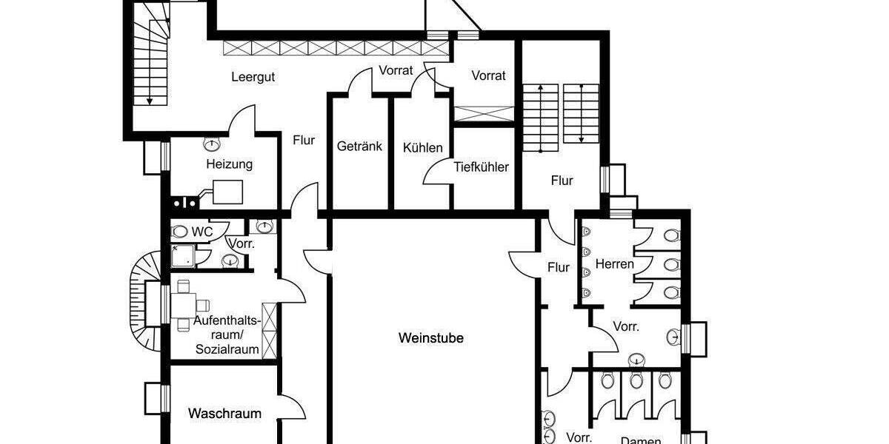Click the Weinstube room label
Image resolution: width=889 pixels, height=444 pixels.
(x=430, y=338)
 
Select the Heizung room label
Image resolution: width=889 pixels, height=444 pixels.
(x=229, y=164)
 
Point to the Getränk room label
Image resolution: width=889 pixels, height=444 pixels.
(x=359, y=147)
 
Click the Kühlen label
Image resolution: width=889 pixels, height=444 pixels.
(x=422, y=147)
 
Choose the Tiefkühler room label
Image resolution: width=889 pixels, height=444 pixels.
(x=481, y=167)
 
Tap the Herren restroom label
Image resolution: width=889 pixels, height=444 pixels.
(x=615, y=264)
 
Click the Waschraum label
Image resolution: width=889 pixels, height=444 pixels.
(x=224, y=414)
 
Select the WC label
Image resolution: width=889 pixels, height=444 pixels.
(x=202, y=232)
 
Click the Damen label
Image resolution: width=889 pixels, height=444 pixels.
(x=640, y=440)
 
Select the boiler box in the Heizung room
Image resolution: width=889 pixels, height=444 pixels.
(x=227, y=192)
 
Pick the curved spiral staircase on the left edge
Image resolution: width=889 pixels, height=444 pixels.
(x=144, y=300)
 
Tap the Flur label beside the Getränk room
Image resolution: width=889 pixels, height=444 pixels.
(x=304, y=140)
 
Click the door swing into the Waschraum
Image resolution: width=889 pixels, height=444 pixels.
(x=293, y=408)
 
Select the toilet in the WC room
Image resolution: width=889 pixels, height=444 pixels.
(x=180, y=232)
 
